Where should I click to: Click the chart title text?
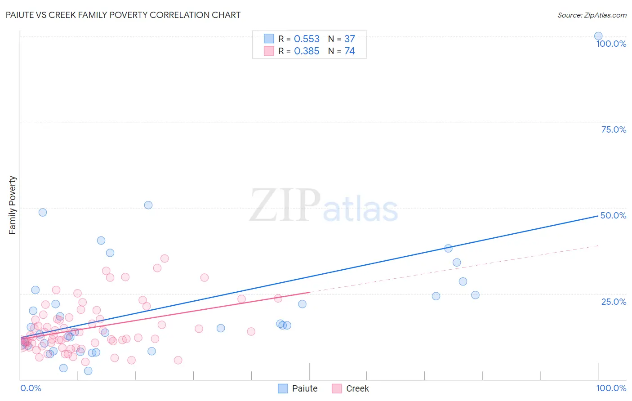tap(123, 15)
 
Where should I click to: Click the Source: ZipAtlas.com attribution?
tap(592, 15)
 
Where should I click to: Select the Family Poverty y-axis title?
tap(12, 205)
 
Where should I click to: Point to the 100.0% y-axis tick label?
tap(611, 44)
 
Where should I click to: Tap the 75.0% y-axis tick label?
tap(614, 129)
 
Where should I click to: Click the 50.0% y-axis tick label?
tap(614, 215)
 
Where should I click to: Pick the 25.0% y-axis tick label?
tap(614, 302)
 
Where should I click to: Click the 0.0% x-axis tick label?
tap(31, 388)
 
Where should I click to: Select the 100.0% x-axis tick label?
tap(611, 388)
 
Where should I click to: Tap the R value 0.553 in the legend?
tap(307, 39)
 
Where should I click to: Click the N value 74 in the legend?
tap(350, 51)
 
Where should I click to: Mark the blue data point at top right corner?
tap(598, 36)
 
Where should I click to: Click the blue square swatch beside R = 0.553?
tap(269, 39)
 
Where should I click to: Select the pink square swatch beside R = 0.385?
tap(269, 51)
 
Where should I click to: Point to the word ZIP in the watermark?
tap(285, 205)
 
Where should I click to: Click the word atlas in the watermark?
tap(361, 209)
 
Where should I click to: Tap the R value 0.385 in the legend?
tap(307, 51)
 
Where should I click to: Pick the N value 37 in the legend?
tap(350, 39)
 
